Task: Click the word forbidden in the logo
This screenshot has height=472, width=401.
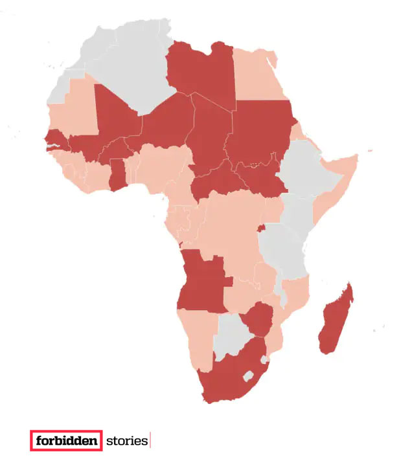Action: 67,441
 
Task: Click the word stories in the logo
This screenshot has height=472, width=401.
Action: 126,441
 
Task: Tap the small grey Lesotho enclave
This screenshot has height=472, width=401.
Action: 247,376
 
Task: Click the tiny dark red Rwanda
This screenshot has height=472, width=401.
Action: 262,228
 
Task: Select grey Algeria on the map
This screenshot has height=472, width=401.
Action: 133,65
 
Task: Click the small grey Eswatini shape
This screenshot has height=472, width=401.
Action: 264,359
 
